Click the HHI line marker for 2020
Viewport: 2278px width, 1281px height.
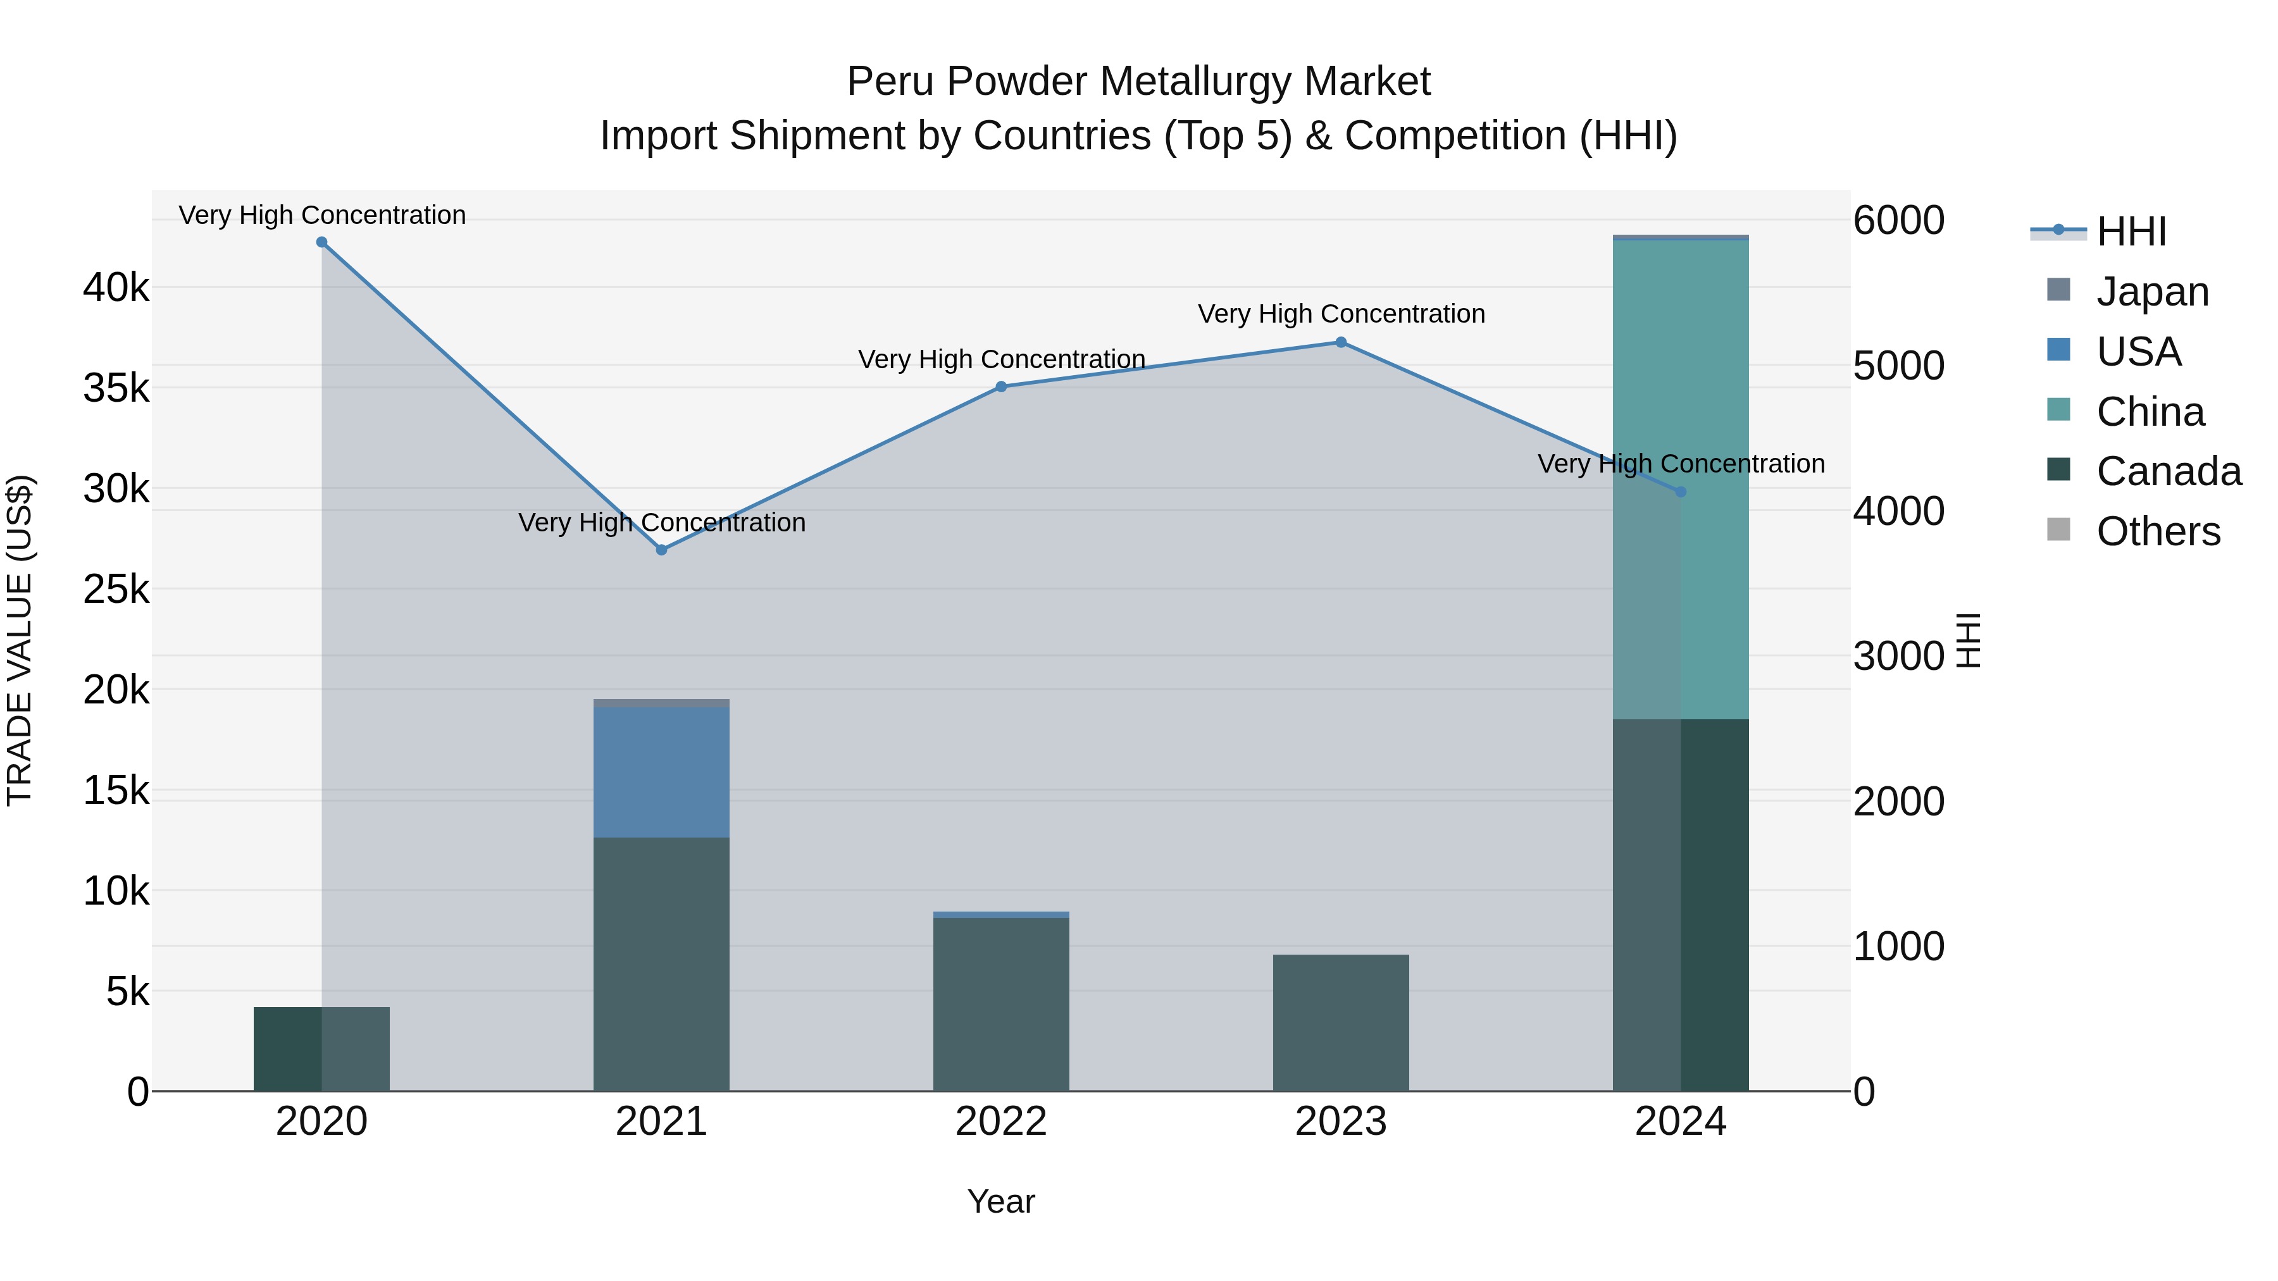coord(322,242)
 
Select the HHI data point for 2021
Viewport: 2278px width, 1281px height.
coord(661,550)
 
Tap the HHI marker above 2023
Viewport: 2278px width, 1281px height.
coord(1341,342)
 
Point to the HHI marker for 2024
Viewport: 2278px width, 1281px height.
coord(1681,492)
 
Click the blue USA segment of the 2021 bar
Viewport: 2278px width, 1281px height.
coord(661,771)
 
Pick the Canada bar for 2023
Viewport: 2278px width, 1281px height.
coord(1341,1023)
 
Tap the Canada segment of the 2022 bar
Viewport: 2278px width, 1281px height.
coord(1001,1005)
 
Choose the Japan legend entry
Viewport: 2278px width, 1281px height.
coord(2151,292)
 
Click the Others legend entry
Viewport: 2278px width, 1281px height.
coord(2158,531)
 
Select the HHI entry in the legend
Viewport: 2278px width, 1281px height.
coord(2131,232)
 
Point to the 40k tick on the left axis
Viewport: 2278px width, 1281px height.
coord(116,288)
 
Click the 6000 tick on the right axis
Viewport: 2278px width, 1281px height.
coord(1898,220)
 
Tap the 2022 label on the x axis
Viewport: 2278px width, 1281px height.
coord(1001,1122)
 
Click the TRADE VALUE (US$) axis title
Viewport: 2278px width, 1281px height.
coord(20,640)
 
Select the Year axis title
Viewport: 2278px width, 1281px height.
coord(1001,1201)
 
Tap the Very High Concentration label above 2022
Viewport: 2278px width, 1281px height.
coord(1001,360)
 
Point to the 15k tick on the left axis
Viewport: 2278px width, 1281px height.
coord(116,790)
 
